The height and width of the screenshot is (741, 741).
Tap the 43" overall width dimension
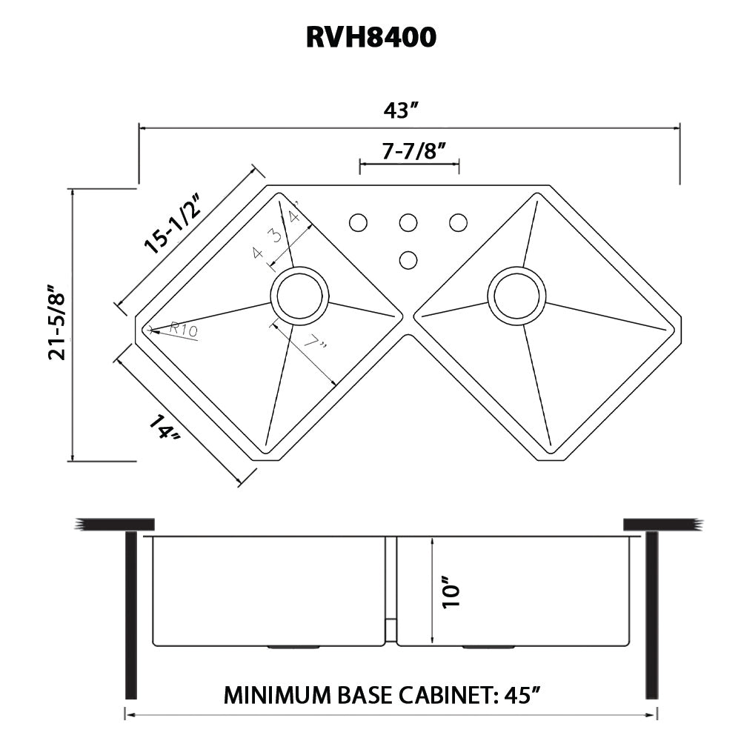coord(402,111)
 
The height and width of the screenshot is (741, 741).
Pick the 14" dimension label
coord(165,431)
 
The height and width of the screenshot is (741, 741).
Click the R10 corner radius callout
coord(183,329)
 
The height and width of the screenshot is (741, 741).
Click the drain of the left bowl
coord(299,296)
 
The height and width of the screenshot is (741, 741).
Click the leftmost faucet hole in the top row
coord(358,222)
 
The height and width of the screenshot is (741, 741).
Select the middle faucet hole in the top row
coord(408,222)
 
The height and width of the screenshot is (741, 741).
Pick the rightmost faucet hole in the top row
coord(458,222)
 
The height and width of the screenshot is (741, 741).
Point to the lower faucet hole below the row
coord(408,259)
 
